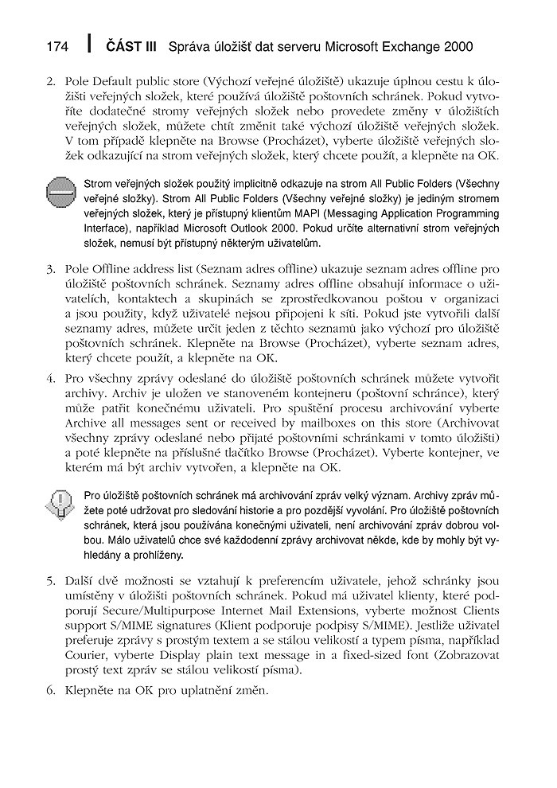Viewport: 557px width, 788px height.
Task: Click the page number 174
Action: coord(58,47)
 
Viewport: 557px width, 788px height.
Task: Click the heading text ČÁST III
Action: coord(130,47)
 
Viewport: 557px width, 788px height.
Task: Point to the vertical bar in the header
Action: coord(90,45)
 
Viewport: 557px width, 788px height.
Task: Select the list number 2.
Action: coord(49,82)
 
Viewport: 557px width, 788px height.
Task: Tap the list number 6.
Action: coord(49,690)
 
